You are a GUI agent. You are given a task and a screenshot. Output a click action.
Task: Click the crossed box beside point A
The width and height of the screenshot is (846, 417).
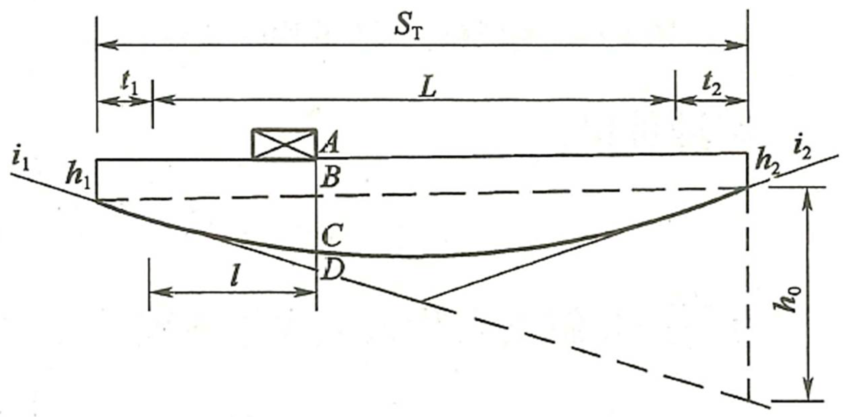pyautogui.click(x=284, y=144)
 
